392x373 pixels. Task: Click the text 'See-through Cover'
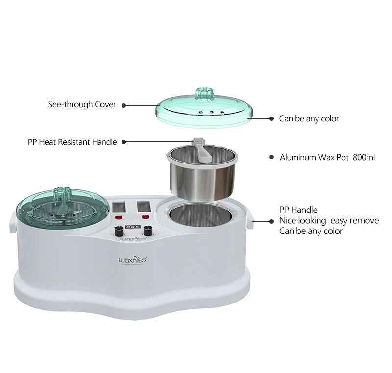[82, 104]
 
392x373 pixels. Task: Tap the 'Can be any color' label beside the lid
[309, 118]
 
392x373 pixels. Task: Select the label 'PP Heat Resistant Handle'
[72, 142]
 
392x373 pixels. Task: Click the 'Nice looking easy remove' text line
[329, 220]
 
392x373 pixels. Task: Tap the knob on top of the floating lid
[202, 93]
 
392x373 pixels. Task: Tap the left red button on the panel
[118, 217]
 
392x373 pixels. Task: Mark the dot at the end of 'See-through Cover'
[123, 105]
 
